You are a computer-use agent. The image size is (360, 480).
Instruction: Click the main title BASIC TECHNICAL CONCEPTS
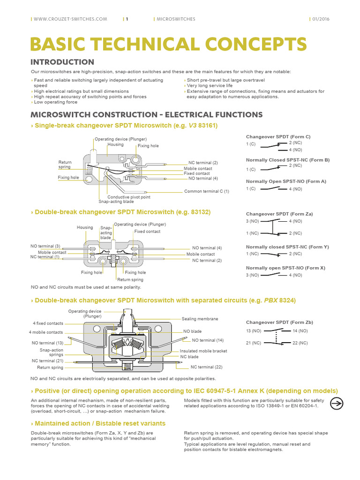(x=169, y=44)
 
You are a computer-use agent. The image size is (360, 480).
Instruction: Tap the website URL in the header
(x=70, y=19)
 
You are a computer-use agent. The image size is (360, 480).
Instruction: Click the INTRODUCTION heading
(x=62, y=62)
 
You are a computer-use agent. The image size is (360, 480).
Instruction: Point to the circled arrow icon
(x=337, y=403)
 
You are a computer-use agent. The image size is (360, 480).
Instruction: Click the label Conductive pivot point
(x=129, y=197)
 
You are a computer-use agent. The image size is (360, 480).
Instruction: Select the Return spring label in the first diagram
(x=65, y=165)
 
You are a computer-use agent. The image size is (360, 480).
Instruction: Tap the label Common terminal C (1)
(x=207, y=191)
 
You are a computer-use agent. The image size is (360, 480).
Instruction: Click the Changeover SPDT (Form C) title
(x=278, y=136)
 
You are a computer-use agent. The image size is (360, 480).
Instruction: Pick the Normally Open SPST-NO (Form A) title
(x=286, y=181)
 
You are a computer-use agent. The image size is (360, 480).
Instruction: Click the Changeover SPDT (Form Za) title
(x=279, y=214)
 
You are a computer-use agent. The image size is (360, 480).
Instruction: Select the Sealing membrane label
(x=200, y=319)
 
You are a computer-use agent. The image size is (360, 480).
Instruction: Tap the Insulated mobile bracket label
(x=203, y=351)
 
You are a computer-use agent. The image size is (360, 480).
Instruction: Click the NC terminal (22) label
(x=206, y=367)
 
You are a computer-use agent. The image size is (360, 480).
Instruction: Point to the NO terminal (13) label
(x=47, y=343)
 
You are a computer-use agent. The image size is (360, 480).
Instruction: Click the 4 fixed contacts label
(x=48, y=323)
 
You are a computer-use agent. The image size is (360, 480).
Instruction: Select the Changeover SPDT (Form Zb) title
(x=279, y=322)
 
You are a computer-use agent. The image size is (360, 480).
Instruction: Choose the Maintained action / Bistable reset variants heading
(x=98, y=423)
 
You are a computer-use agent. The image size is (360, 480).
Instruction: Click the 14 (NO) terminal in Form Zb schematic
(x=300, y=331)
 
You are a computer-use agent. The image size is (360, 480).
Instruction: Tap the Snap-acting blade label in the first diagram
(x=116, y=202)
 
